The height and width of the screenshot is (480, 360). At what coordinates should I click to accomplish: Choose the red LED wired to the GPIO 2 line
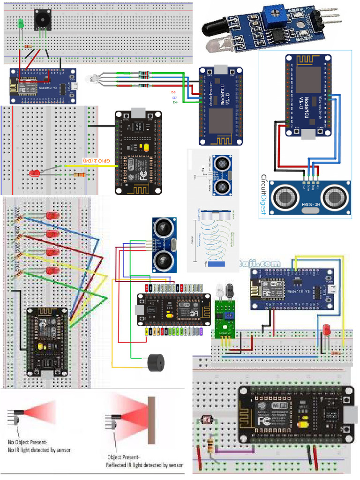pos(34,173)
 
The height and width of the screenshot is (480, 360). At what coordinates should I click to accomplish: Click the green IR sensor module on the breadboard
pos(225,319)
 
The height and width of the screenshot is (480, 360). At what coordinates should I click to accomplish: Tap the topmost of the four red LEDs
pos(52,216)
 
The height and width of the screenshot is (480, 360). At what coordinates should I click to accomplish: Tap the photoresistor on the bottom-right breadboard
pos(205,420)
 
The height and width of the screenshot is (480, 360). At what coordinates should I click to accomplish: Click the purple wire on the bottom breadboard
pos(232,452)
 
